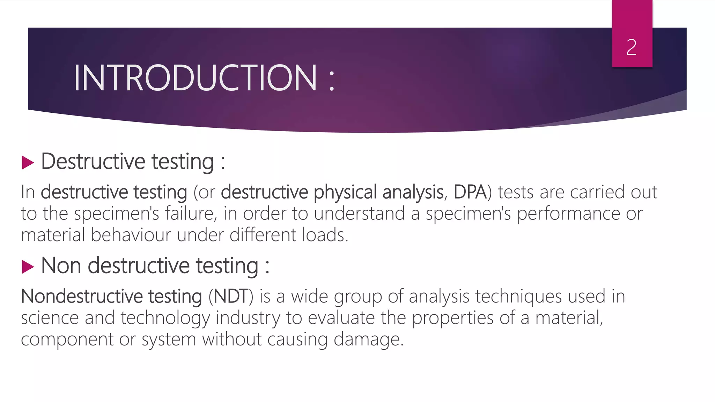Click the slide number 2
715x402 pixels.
point(632,47)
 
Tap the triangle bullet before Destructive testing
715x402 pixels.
point(28,163)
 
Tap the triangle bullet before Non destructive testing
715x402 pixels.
point(28,267)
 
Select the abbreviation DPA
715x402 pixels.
point(470,192)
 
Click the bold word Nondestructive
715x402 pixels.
point(82,296)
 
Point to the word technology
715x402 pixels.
point(165,318)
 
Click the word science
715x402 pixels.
point(50,318)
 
